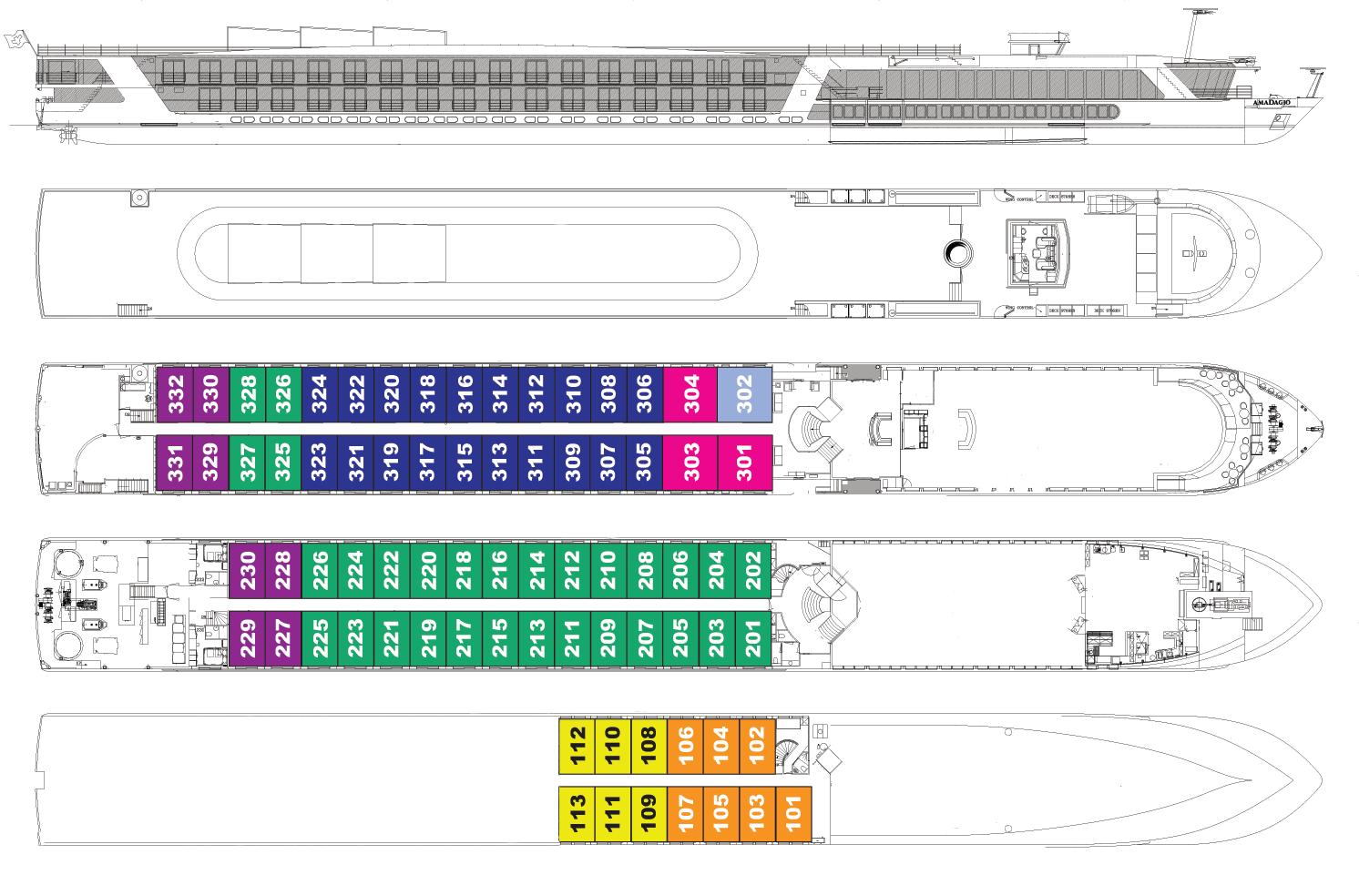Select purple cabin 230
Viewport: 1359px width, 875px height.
pyautogui.click(x=247, y=570)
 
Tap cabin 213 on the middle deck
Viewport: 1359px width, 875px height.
pyautogui.click(x=537, y=639)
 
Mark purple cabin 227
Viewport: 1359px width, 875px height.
pyautogui.click(x=283, y=639)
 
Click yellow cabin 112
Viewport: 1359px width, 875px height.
pyautogui.click(x=576, y=746)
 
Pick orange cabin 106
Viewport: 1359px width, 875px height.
pyautogui.click(x=684, y=746)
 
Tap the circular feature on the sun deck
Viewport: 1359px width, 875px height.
pyautogui.click(x=957, y=251)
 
